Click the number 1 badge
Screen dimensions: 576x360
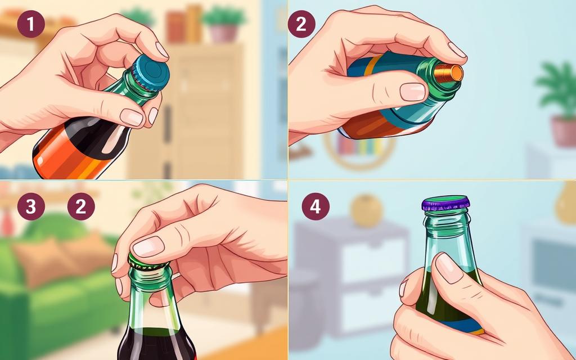click(x=31, y=24)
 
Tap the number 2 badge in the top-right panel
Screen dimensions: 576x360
click(x=301, y=24)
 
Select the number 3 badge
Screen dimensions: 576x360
click(x=31, y=206)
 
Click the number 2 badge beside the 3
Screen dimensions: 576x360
click(x=81, y=206)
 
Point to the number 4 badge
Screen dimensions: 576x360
click(x=316, y=206)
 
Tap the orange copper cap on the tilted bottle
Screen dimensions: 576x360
click(x=448, y=73)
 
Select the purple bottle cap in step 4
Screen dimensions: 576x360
click(x=445, y=203)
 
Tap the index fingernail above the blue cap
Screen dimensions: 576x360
click(x=161, y=50)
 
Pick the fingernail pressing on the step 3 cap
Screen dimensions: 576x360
click(x=148, y=246)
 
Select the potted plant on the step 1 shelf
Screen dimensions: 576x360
click(x=223, y=23)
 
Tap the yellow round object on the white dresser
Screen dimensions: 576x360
click(x=366, y=210)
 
